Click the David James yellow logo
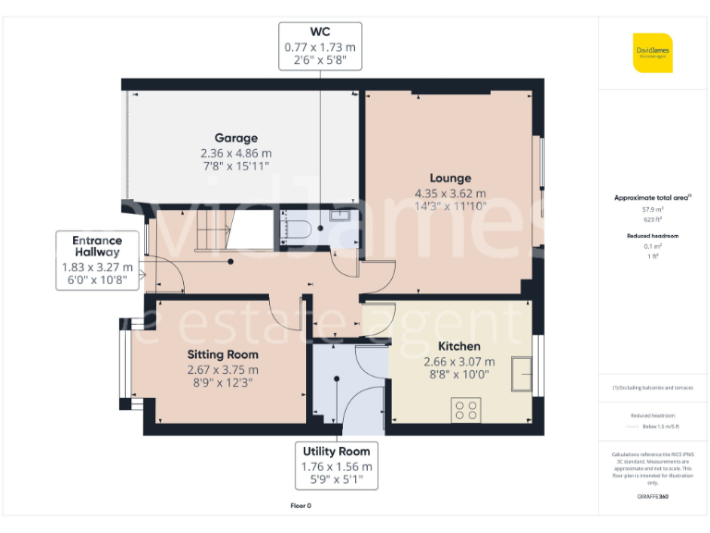tap(653, 53)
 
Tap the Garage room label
tap(236, 138)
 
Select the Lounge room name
tap(450, 178)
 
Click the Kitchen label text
tap(459, 346)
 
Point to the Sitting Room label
tap(223, 354)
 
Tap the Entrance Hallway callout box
tap(97, 260)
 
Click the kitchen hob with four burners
tap(466, 409)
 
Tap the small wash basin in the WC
tap(338, 216)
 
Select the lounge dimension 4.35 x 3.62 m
tap(450, 193)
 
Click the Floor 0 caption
tap(301, 505)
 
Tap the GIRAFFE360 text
tap(653, 497)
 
